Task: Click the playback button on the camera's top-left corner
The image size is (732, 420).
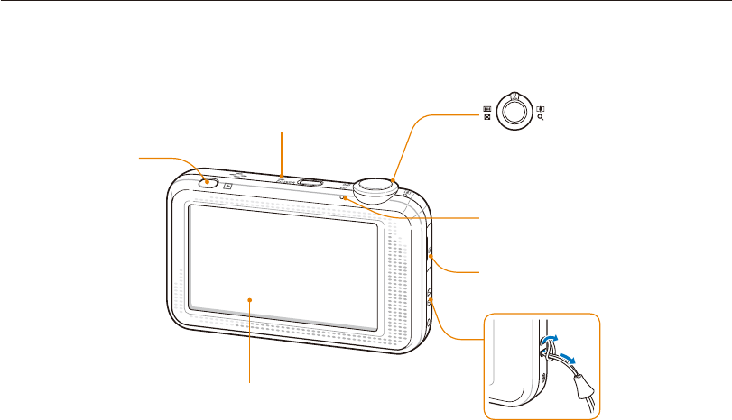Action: (x=207, y=181)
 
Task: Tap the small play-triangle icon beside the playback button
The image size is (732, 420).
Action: (x=228, y=187)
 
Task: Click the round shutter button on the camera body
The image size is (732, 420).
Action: (x=375, y=186)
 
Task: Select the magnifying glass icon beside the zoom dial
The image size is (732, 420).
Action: (x=540, y=117)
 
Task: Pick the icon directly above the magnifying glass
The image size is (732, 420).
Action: (x=540, y=108)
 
